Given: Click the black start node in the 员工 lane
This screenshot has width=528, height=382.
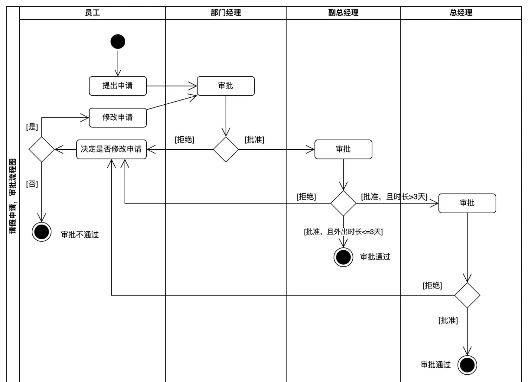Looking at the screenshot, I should [118, 41].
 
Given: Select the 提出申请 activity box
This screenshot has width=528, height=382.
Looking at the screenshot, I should [118, 86].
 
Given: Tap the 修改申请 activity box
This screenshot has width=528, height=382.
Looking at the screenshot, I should [118, 117].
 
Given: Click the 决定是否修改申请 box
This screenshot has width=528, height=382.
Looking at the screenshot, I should [111, 149].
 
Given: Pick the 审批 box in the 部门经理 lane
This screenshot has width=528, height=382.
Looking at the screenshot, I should [226, 86].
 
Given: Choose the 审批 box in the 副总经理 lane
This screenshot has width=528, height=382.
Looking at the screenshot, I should [343, 149].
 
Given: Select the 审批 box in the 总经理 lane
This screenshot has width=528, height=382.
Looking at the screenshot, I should [467, 203].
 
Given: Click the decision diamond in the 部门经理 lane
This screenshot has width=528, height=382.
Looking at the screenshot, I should [226, 149].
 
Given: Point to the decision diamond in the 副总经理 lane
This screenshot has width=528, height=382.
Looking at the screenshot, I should [343, 203].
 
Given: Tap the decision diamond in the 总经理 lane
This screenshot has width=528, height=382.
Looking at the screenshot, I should [467, 295].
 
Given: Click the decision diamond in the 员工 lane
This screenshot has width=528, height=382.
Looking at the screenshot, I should [42, 149].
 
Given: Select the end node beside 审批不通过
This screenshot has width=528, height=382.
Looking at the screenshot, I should [42, 232].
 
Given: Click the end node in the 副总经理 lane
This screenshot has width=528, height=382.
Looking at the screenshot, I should [343, 257].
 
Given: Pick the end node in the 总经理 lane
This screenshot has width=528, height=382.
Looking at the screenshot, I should [467, 365].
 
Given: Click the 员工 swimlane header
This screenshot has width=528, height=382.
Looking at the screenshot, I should [92, 13].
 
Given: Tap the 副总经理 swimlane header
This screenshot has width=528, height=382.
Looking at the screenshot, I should [343, 13].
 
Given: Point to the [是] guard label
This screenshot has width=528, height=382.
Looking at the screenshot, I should [32, 127].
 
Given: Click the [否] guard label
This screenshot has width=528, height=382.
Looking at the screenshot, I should [32, 184].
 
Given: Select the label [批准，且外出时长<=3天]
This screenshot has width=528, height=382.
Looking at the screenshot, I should [343, 232].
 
